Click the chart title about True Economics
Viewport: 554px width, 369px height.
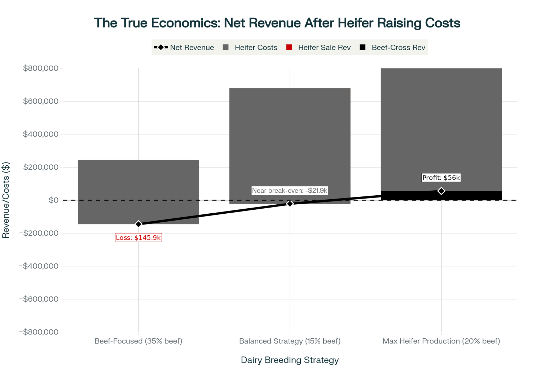(277, 23)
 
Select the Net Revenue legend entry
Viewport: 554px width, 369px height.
(184, 48)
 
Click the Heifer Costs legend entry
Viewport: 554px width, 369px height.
(250, 48)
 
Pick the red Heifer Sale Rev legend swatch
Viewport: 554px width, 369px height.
(289, 48)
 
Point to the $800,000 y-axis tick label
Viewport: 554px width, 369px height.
(41, 68)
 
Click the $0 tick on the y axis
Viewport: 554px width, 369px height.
(53, 200)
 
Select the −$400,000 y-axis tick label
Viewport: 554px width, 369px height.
(39, 266)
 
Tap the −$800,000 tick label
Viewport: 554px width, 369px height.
(39, 332)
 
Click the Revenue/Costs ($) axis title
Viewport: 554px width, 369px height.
(6, 200)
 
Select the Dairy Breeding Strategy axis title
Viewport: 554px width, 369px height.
(290, 360)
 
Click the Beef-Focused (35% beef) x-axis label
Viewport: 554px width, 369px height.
(138, 341)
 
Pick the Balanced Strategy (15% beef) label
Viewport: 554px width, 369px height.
(290, 341)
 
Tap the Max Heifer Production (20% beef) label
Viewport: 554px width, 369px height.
(441, 341)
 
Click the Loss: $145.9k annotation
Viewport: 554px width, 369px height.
(138, 238)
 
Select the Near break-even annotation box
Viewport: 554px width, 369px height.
(290, 191)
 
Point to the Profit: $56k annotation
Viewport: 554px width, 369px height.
(441, 178)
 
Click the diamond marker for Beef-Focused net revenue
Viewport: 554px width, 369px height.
(138, 224)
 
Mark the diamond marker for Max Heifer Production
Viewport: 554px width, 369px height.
(441, 191)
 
